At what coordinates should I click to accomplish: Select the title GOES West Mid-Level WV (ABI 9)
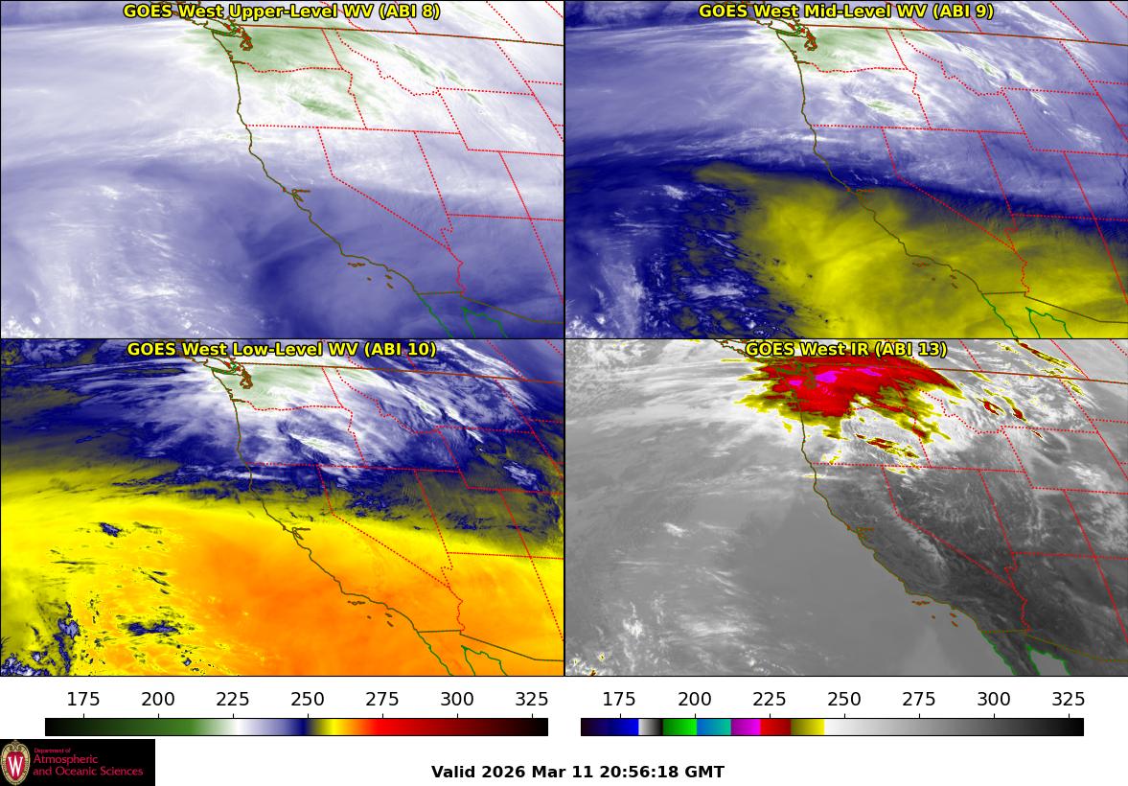(845, 12)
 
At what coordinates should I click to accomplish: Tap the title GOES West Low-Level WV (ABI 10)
(281, 350)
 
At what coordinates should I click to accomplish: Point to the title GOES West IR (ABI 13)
(845, 350)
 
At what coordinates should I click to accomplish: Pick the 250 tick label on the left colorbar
(308, 700)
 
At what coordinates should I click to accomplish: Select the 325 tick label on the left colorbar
(532, 700)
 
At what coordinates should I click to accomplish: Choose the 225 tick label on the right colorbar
(769, 700)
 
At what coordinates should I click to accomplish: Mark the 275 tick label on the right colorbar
(918, 700)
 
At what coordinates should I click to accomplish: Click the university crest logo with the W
(15, 763)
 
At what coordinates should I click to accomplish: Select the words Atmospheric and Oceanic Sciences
(87, 765)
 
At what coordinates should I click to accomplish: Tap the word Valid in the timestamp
(452, 772)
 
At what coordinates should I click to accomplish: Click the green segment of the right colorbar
(679, 728)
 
